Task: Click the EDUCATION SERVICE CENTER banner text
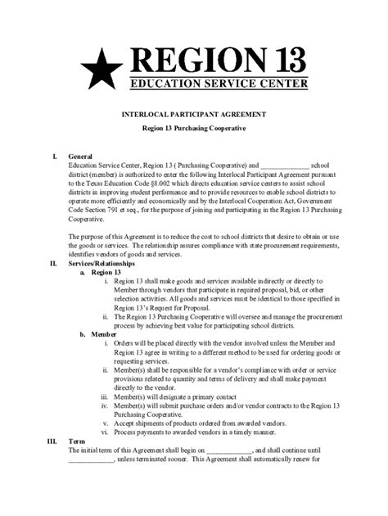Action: tap(220, 83)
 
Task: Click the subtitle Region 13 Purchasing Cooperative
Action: tap(194, 130)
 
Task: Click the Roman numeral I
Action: tap(53, 155)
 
